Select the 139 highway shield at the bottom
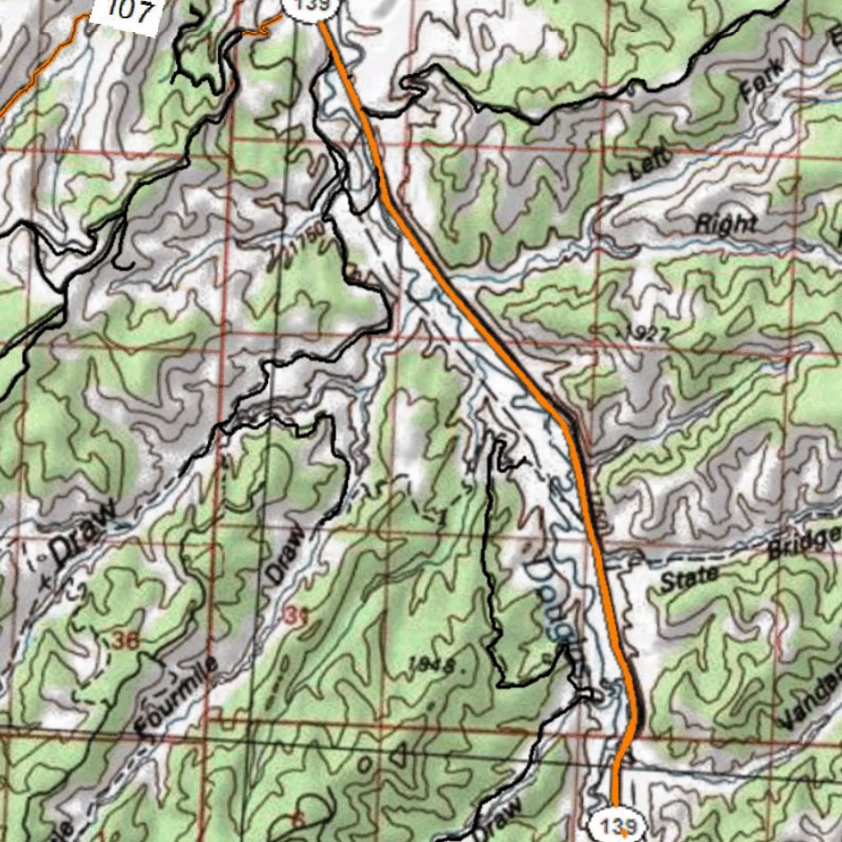tap(617, 826)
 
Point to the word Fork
tap(760, 78)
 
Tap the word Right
tap(725, 224)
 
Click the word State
tap(689, 579)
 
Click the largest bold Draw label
tap(81, 538)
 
